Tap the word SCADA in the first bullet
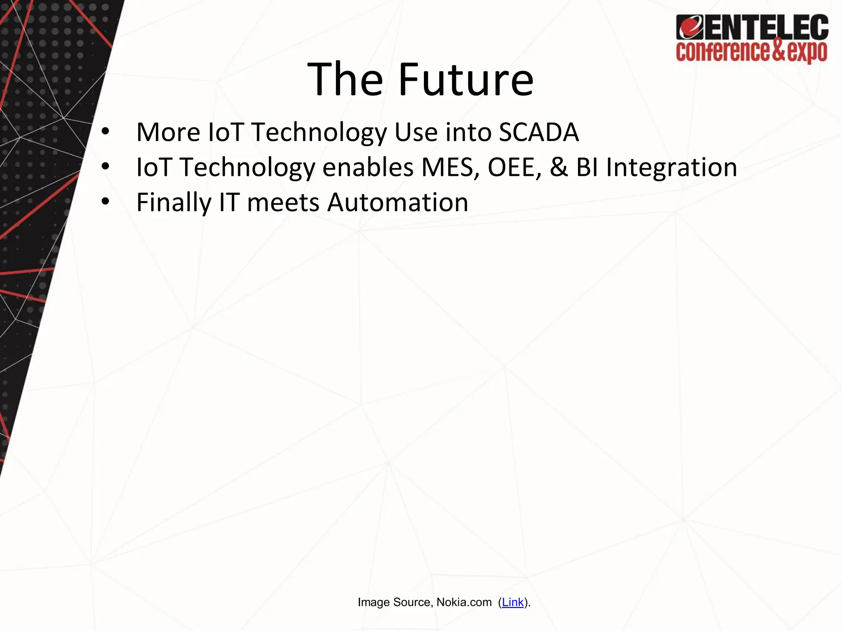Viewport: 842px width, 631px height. point(539,132)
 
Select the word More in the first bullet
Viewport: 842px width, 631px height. point(168,132)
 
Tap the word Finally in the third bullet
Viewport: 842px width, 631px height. point(173,203)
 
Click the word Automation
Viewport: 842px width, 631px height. point(398,203)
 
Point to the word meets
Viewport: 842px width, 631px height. point(283,203)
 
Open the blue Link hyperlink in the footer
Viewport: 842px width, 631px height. point(513,602)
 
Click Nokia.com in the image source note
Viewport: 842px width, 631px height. point(464,602)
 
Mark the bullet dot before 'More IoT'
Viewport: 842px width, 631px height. point(105,132)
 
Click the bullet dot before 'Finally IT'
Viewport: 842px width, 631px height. point(105,203)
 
